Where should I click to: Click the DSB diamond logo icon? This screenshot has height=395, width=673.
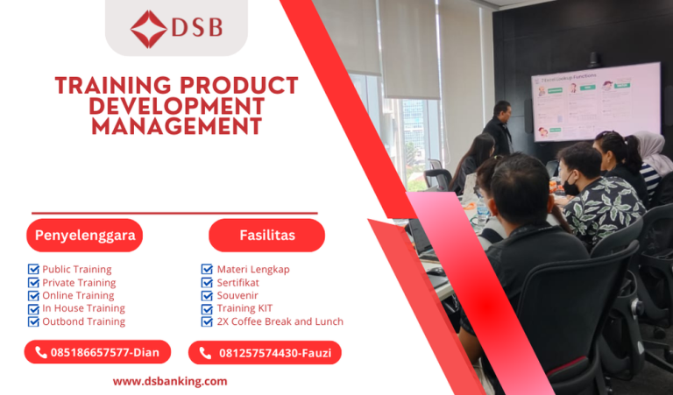click(x=148, y=28)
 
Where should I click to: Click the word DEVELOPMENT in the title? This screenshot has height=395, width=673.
click(x=176, y=106)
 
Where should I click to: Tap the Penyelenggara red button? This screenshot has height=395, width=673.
click(x=83, y=235)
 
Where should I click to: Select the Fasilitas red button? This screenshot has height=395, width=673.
click(x=266, y=235)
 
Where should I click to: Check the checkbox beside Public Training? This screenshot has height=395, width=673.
click(x=33, y=270)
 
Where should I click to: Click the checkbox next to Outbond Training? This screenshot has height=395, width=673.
click(x=33, y=321)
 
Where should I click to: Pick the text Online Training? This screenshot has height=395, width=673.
click(x=79, y=295)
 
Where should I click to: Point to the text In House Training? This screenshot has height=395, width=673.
click(x=83, y=308)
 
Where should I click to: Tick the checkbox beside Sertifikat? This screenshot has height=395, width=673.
click(x=207, y=283)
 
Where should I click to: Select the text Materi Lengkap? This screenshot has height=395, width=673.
click(x=253, y=270)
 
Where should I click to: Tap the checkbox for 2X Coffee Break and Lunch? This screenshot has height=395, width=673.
click(x=207, y=321)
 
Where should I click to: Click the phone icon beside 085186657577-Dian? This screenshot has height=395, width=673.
click(x=40, y=352)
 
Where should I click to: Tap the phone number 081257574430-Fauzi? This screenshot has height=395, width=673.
click(x=275, y=353)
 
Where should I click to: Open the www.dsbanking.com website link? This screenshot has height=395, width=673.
click(x=170, y=381)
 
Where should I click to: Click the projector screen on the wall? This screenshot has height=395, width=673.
click(x=595, y=101)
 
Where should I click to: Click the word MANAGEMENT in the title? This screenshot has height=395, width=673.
click(x=176, y=127)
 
